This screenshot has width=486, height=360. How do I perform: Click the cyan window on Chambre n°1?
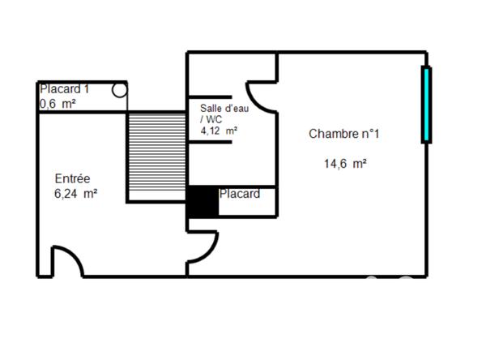pos(426,105)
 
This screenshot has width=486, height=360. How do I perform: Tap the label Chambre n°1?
pos(343,134)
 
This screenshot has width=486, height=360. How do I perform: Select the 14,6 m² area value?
pos(345,163)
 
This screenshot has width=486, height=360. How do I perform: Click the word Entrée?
pos(72,178)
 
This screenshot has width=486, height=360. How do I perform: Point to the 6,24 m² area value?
pos(75,194)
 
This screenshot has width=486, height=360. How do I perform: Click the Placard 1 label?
pos(64,89)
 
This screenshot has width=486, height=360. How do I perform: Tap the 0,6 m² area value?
pos(58,104)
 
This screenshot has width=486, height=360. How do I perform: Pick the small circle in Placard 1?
pos(120,90)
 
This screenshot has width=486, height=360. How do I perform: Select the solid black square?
pos(202,202)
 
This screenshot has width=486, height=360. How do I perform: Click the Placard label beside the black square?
pos(240,194)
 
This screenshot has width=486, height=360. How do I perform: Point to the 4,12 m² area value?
pos(219,130)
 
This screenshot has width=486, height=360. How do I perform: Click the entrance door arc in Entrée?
pos(66,259)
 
